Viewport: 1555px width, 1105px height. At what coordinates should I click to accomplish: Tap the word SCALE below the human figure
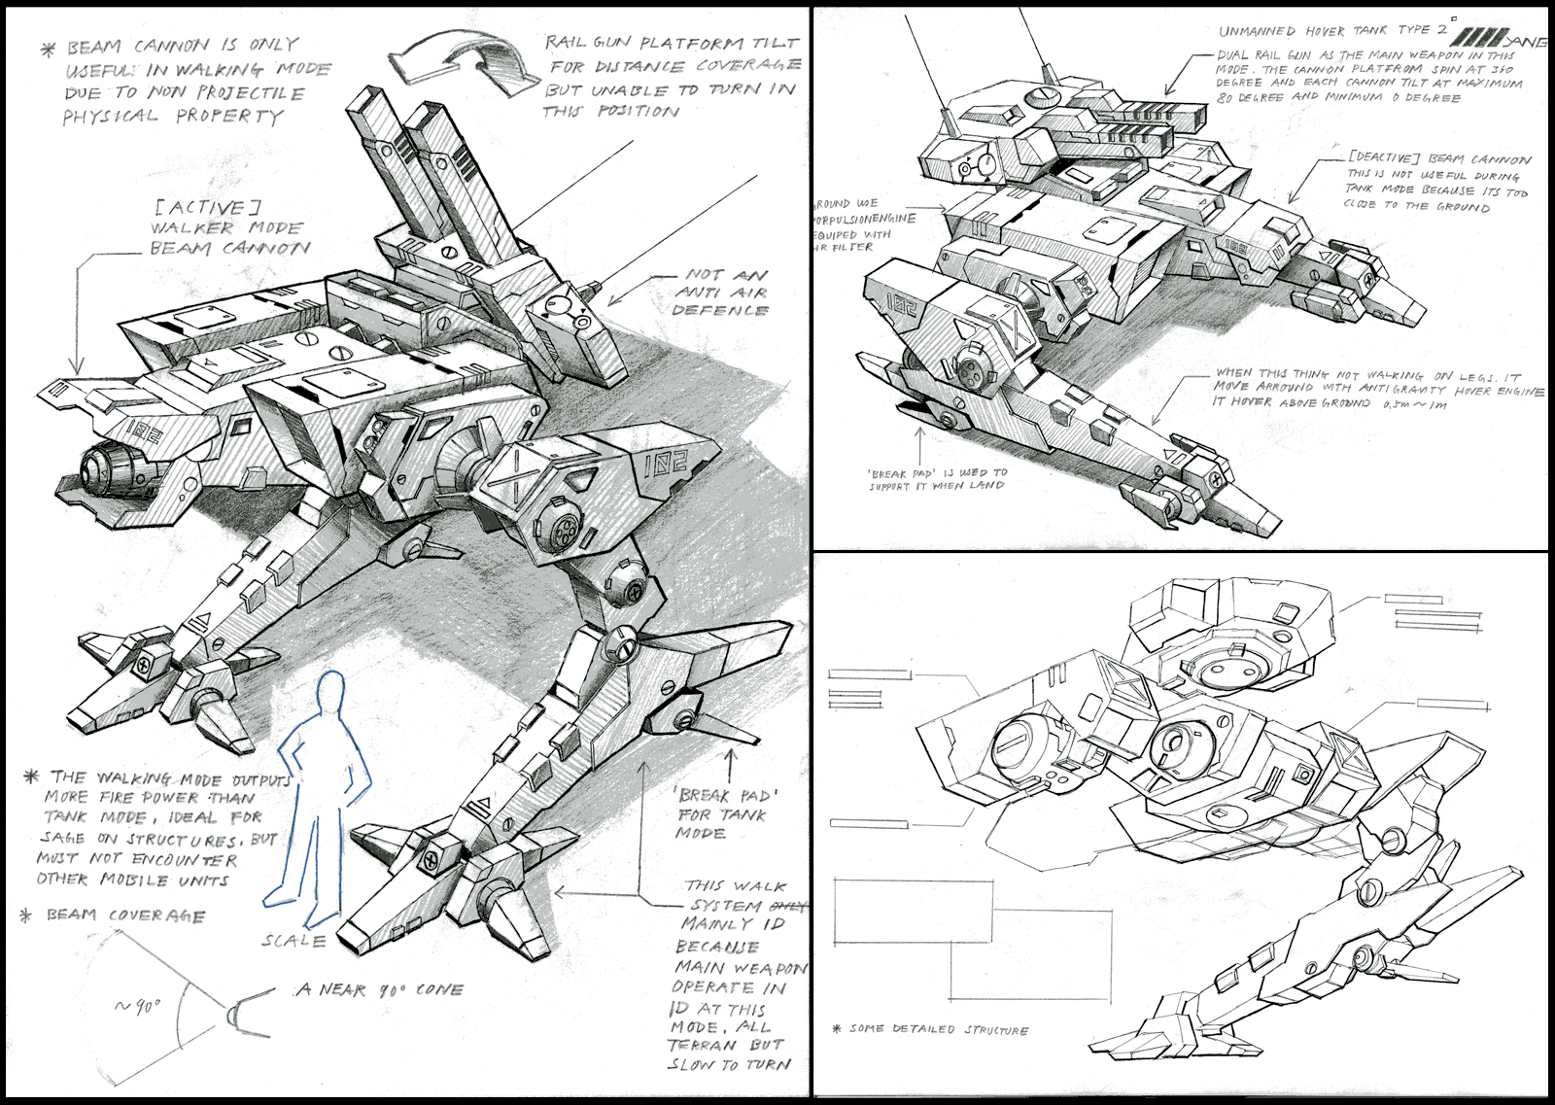click(294, 941)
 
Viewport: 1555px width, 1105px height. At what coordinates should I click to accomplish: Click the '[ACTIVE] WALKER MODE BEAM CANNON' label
click(229, 228)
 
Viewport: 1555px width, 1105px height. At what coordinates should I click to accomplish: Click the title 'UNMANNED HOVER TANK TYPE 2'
click(1332, 31)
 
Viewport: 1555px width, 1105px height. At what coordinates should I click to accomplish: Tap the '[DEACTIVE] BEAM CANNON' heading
click(1439, 159)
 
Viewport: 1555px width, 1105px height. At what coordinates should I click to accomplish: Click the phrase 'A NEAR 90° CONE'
click(380, 989)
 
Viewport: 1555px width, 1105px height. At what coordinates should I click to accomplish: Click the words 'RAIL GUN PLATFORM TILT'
click(672, 44)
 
